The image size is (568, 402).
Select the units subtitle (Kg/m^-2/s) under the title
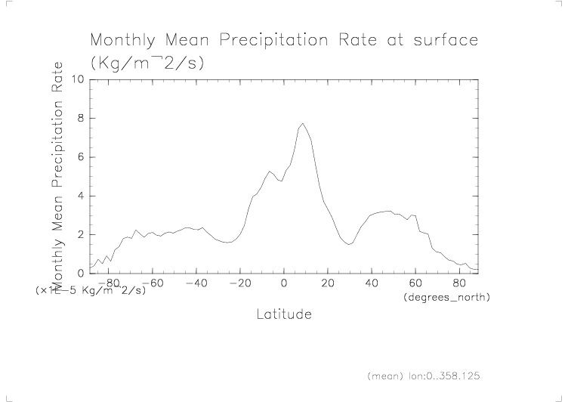tap(147, 63)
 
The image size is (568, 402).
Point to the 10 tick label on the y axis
tap(76, 79)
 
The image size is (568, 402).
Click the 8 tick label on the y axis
tap(80, 119)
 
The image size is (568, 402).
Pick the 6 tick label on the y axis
tap(80, 157)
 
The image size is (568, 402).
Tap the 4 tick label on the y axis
tap(80, 196)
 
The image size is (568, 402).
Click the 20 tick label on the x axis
tap(328, 283)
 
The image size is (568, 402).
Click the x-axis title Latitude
tap(283, 314)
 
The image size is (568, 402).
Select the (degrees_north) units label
tap(447, 298)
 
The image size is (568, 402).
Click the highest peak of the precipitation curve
tap(302, 123)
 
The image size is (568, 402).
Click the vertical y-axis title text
tap(57, 174)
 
